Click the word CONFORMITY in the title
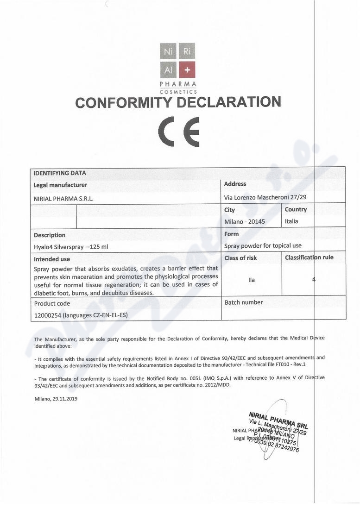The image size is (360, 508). pyautogui.click(x=120, y=102)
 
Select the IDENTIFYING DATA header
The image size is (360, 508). pyautogui.click(x=60, y=173)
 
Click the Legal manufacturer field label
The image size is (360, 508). pyautogui.click(x=60, y=185)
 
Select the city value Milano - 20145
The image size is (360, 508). pyautogui.click(x=244, y=221)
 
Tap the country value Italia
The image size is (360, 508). pyautogui.click(x=291, y=221)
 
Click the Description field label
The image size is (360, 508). pyautogui.click(x=50, y=235)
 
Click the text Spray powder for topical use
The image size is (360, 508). pyautogui.click(x=263, y=246)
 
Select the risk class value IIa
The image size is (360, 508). pyautogui.click(x=252, y=280)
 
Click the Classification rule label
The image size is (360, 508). pyautogui.click(x=309, y=257)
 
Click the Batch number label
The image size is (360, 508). pyautogui.click(x=244, y=302)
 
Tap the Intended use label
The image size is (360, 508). pyautogui.click(x=52, y=259)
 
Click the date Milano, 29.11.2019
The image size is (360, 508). pyautogui.click(x=56, y=399)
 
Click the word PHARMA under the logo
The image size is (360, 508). pyautogui.click(x=178, y=84)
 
